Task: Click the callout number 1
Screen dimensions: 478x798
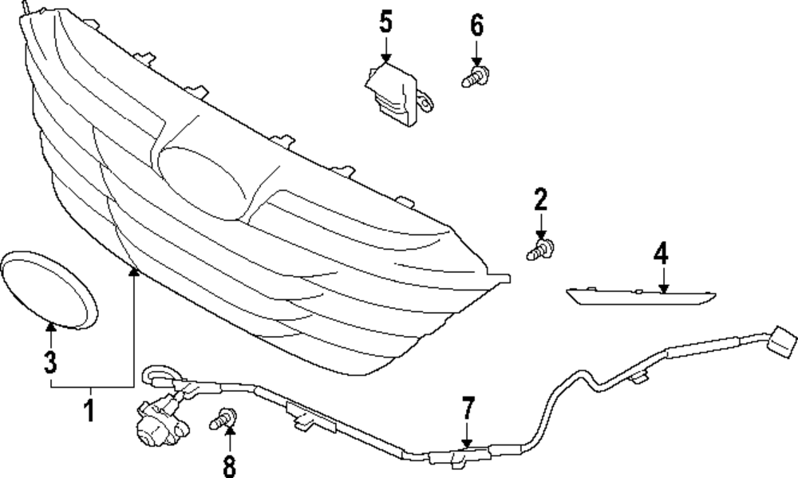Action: click(89, 411)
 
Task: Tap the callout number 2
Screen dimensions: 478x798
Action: click(541, 198)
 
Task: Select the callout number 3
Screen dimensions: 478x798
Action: click(50, 363)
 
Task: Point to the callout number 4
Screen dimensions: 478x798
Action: click(660, 255)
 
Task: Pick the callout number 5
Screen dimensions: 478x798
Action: click(386, 22)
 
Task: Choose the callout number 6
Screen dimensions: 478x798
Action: click(476, 26)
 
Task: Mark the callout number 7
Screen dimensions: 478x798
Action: click(468, 409)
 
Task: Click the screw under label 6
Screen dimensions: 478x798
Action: click(476, 77)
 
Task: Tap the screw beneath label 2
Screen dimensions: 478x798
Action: click(541, 249)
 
